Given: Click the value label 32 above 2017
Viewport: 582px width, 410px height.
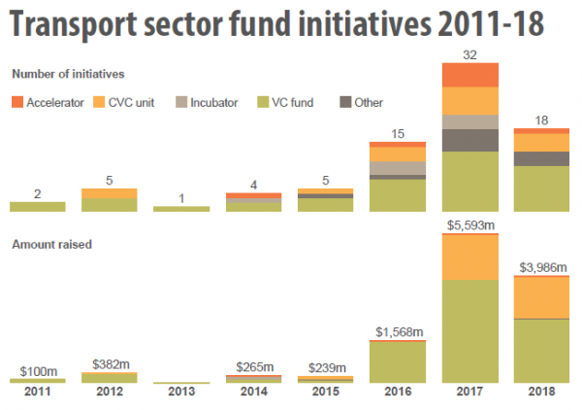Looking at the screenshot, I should point(469,53).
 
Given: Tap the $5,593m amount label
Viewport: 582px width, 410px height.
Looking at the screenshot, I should point(469,226).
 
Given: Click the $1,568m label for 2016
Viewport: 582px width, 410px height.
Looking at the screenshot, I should point(398,332).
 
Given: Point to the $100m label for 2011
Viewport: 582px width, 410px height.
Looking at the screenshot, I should point(37,370).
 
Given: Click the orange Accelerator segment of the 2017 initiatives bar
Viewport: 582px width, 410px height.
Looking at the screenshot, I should point(469,75).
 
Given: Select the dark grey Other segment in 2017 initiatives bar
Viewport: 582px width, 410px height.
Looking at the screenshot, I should point(469,140).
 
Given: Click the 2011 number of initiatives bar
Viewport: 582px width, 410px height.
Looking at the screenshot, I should point(37,206).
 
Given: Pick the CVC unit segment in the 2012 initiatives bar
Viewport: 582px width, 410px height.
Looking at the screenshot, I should point(109,192).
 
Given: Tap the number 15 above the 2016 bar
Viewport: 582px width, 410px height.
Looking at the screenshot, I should point(398,133).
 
